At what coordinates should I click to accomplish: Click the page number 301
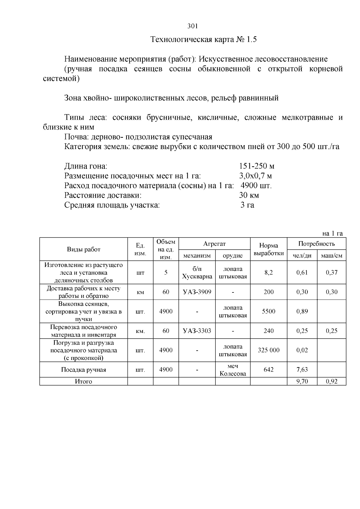click(192, 26)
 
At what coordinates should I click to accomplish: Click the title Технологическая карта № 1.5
click(203, 40)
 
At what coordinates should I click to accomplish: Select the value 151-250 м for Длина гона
click(256, 166)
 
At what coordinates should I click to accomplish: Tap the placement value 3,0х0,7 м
click(255, 176)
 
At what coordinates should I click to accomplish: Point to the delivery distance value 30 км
click(249, 195)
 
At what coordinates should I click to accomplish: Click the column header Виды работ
click(83, 249)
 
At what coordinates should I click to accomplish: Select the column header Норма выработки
click(268, 249)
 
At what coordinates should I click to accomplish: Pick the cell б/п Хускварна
click(197, 273)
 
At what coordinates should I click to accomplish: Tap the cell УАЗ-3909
click(197, 292)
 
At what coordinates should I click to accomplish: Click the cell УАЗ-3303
click(197, 331)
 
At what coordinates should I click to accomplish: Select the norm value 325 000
click(268, 350)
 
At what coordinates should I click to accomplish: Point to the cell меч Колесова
click(232, 370)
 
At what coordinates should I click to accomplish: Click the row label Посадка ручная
click(83, 370)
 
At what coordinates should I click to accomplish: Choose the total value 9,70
click(302, 382)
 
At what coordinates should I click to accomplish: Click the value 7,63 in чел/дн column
click(302, 370)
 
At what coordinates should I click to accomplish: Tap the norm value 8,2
click(268, 273)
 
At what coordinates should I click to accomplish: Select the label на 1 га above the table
click(332, 233)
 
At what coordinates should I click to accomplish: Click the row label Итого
click(83, 382)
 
